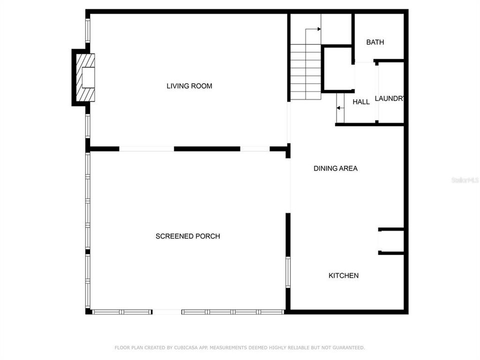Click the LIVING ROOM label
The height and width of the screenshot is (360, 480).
click(189, 86)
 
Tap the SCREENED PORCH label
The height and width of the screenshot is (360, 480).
click(187, 236)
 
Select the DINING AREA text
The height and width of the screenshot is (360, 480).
click(335, 168)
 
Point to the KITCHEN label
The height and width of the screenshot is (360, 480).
click(343, 275)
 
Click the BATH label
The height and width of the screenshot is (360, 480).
click(375, 42)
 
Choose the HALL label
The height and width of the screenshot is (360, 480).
click(361, 102)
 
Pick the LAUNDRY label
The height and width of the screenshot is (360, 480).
click(389, 98)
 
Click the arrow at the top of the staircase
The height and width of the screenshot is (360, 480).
click(318, 29)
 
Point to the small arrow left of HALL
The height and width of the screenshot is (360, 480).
click(339, 107)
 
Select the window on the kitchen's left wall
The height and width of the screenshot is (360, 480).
click(288, 272)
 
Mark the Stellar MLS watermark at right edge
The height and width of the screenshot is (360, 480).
click(465, 179)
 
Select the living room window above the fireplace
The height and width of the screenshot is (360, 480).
click(88, 30)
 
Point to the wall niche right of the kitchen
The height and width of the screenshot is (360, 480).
click(391, 241)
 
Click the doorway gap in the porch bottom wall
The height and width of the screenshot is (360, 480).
click(167, 312)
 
